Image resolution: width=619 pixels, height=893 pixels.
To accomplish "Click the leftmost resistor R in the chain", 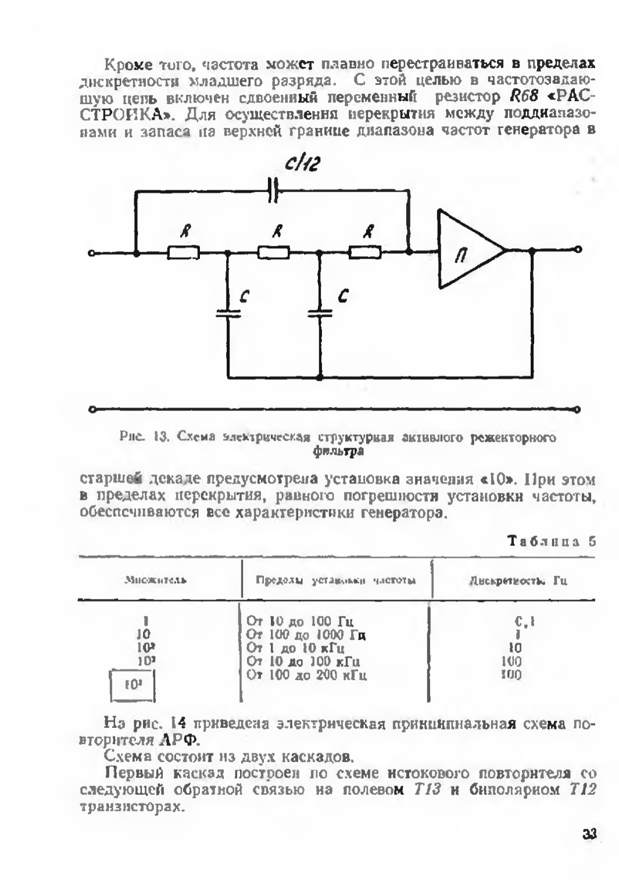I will click(x=184, y=252).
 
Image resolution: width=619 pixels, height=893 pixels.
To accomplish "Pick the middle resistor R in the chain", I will click(x=274, y=252).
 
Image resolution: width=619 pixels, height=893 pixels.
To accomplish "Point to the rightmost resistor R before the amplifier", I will click(x=365, y=252).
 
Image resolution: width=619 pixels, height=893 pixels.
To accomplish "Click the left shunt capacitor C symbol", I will click(x=228, y=313).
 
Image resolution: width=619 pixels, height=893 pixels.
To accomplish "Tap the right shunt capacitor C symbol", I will click(x=319, y=313).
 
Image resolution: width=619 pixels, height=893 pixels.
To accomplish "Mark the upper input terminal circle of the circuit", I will click(x=91, y=253).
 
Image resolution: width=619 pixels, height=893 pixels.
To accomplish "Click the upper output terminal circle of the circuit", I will click(x=577, y=250).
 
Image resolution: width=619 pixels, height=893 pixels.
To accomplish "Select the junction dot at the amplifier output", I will click(x=531, y=250).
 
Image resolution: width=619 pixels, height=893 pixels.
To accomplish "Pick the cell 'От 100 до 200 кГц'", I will click(x=307, y=675).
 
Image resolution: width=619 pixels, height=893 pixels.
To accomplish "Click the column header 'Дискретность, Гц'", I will click(x=518, y=580).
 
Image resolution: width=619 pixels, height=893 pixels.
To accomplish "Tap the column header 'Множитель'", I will click(x=156, y=580).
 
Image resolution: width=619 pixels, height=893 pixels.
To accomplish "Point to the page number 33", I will click(x=589, y=834).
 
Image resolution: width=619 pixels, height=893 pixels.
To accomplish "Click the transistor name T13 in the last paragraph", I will click(x=427, y=790).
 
